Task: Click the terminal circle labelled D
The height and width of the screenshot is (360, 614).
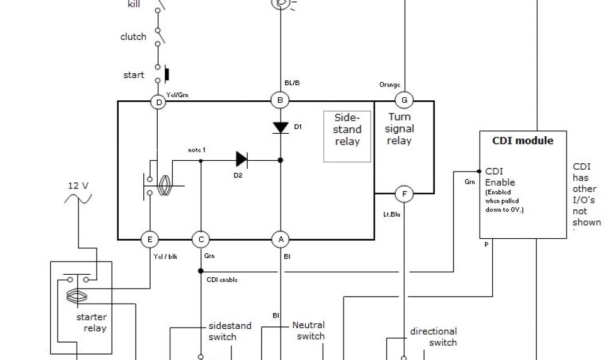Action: coord(159,102)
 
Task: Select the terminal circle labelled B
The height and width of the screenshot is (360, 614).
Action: coord(279,100)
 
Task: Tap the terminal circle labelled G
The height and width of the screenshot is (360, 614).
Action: coord(404,100)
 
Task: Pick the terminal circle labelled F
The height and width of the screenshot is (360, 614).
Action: coord(405,194)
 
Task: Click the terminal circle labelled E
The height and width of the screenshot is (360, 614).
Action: coord(149,239)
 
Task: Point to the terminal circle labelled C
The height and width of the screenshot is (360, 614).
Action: coord(200,239)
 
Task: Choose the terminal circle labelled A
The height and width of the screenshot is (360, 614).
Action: coord(279,239)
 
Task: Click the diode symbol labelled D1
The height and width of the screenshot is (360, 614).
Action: coord(280,127)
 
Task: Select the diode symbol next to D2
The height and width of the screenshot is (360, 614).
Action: coord(242,159)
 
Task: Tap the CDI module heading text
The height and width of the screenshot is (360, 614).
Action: coord(522,141)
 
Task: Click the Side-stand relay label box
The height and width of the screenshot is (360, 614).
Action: coord(347,136)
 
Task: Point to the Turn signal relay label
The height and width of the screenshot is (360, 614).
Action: coord(400,129)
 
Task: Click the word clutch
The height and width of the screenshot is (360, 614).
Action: coord(133,37)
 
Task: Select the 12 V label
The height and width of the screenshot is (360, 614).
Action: coord(77,186)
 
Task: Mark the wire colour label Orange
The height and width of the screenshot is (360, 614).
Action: coord(390,85)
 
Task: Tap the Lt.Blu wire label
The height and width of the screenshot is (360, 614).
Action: coord(391,213)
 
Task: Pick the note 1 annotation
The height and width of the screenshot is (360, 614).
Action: coord(197,149)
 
